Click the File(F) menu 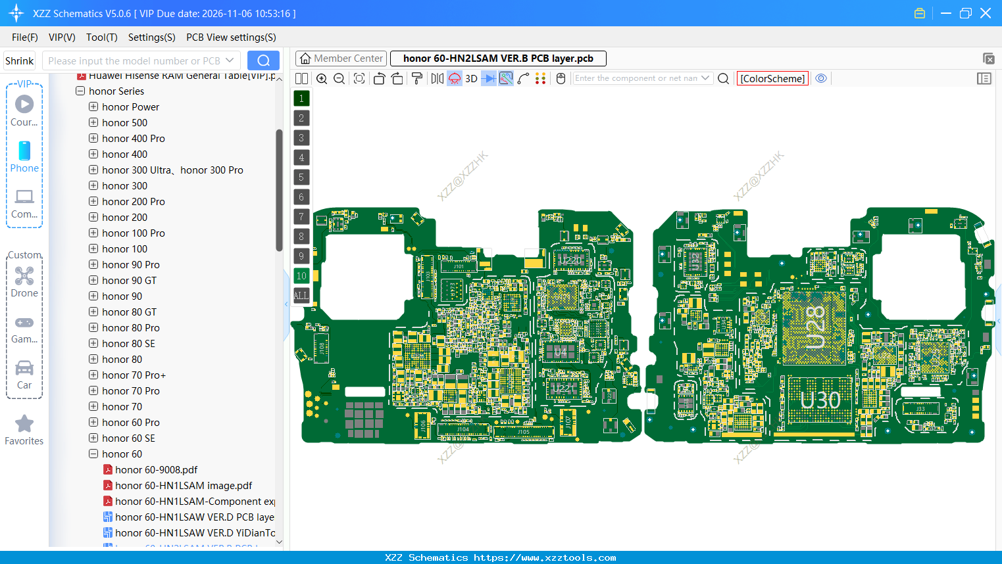(24, 37)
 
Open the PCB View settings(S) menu (231, 37)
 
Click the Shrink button (19, 61)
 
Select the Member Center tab (341, 59)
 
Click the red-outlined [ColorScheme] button (772, 79)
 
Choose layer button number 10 (301, 276)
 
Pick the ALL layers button (301, 296)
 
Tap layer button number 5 (301, 177)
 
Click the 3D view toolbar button (471, 79)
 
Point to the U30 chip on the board (820, 400)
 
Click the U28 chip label (814, 327)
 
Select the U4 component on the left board (561, 352)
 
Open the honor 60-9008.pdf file (156, 470)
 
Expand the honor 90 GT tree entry (93, 281)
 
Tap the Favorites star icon (24, 424)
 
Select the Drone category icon (24, 276)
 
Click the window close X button (986, 13)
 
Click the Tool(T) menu (101, 37)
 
